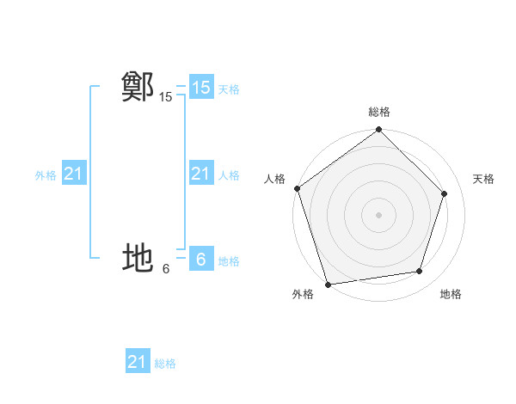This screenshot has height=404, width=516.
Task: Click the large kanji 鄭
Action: pyautogui.click(x=138, y=88)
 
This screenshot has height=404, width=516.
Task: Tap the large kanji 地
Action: pyautogui.click(x=138, y=258)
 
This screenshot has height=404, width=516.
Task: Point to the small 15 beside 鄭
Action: pyautogui.click(x=166, y=98)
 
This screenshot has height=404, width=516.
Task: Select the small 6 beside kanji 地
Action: pyautogui.click(x=166, y=269)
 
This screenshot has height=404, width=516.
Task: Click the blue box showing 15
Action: pyautogui.click(x=200, y=88)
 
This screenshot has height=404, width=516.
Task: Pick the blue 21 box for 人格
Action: pyautogui.click(x=200, y=174)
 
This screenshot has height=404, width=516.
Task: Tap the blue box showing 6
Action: pyautogui.click(x=200, y=259)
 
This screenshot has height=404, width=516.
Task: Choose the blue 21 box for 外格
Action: pyautogui.click(x=73, y=174)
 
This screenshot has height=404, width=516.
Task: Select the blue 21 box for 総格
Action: pyautogui.click(x=138, y=362)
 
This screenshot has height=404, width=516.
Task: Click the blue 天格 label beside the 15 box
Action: pyautogui.click(x=229, y=89)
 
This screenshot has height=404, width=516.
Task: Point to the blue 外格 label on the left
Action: pyautogui.click(x=46, y=175)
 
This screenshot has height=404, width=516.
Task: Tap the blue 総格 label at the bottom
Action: pyautogui.click(x=165, y=364)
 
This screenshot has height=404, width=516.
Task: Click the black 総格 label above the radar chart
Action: pyautogui.click(x=379, y=112)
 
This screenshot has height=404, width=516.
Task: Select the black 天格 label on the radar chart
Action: pyautogui.click(x=483, y=179)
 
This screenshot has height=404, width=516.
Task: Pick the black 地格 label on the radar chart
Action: pyautogui.click(x=451, y=294)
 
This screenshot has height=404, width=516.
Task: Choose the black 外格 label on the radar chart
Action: pyautogui.click(x=303, y=294)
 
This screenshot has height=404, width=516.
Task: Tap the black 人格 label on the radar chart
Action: pyautogui.click(x=274, y=179)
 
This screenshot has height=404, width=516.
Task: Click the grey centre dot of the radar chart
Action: pyautogui.click(x=378, y=214)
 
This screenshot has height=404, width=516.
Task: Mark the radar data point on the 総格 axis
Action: pyautogui.click(x=379, y=130)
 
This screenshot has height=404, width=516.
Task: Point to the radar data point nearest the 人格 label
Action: pyautogui.click(x=297, y=188)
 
